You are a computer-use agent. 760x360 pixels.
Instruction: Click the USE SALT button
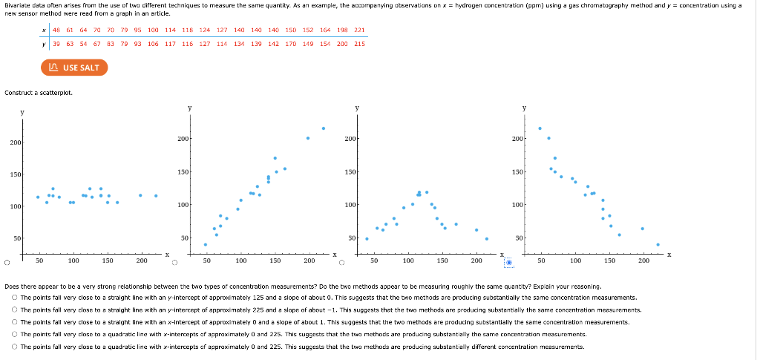click(x=74, y=68)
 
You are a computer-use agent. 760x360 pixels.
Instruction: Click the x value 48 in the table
click(x=57, y=30)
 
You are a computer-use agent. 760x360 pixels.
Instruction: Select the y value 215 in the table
click(x=359, y=43)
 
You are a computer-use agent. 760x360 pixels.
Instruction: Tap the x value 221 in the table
click(x=359, y=30)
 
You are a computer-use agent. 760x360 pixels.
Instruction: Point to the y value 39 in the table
click(x=57, y=43)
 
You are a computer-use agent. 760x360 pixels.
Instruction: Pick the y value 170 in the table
click(x=290, y=43)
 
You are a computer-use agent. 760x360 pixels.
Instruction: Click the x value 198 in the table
click(x=342, y=30)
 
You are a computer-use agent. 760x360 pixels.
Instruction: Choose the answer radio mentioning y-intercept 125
click(x=14, y=297)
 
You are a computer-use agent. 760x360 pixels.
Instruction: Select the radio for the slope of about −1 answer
click(x=14, y=310)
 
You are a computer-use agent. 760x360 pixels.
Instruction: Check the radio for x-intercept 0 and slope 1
click(x=14, y=322)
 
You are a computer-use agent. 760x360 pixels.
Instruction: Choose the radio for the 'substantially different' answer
click(x=14, y=347)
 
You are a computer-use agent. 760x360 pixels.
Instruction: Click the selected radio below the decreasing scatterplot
click(x=509, y=261)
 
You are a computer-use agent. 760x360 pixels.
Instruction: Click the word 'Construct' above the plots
click(x=18, y=92)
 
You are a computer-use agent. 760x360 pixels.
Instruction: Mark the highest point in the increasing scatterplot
click(x=324, y=128)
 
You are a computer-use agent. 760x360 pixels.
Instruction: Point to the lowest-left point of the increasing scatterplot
click(x=206, y=244)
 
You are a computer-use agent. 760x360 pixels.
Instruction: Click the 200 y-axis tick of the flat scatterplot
click(x=15, y=142)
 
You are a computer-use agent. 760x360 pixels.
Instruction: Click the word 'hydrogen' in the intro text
click(x=472, y=4)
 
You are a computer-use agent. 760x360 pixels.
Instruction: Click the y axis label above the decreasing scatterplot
click(x=524, y=108)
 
